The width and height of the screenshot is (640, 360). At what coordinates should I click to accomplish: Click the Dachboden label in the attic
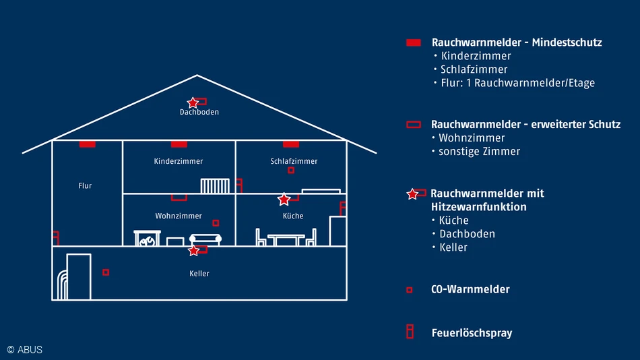[199, 112]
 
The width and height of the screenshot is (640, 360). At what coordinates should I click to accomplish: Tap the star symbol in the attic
[193, 102]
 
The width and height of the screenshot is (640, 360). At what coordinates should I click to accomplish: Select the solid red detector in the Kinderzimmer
[179, 144]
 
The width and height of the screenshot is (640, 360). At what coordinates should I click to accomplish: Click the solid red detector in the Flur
[87, 144]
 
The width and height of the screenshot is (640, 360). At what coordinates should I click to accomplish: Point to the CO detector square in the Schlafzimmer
[291, 170]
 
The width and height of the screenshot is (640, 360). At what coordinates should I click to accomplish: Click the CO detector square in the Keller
[106, 272]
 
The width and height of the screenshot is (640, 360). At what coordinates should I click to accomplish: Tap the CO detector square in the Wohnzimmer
[216, 222]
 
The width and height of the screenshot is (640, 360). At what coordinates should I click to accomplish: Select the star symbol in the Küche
[284, 199]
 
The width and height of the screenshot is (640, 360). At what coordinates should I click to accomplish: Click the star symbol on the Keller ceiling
[194, 251]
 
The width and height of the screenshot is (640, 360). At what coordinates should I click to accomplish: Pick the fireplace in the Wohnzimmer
[148, 238]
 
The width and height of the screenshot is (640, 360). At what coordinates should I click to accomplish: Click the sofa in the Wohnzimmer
[205, 239]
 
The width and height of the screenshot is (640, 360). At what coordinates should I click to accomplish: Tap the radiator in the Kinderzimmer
[216, 186]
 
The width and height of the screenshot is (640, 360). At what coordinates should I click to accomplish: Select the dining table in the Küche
[286, 239]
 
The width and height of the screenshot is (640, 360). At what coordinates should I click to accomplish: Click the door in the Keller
[78, 276]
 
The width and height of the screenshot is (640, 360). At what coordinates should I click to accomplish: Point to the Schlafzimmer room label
[294, 161]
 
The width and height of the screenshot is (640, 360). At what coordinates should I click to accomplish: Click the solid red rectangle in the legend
[414, 42]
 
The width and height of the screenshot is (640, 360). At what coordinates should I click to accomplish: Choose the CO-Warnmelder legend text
[470, 289]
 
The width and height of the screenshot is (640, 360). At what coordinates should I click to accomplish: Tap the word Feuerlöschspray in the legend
[472, 333]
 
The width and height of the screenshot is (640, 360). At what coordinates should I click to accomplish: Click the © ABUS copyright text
[24, 349]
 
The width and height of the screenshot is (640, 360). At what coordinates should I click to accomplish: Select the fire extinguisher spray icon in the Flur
[56, 237]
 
